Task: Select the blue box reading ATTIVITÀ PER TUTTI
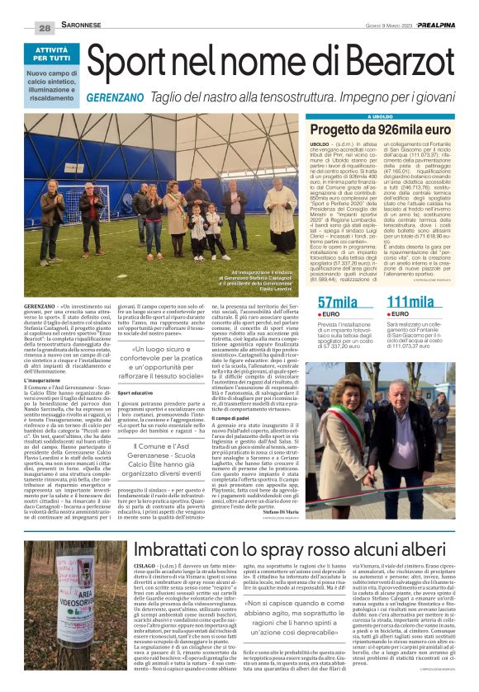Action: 41,55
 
